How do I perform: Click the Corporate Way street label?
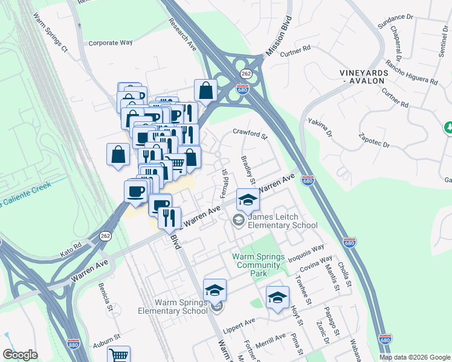point(110,43)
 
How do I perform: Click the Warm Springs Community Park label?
point(259,265)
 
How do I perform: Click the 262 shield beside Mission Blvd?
point(245,73)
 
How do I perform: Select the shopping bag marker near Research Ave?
point(205,91)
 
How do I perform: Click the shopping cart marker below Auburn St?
point(119,355)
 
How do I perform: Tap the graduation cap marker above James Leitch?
point(247,200)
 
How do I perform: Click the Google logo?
point(20,355)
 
